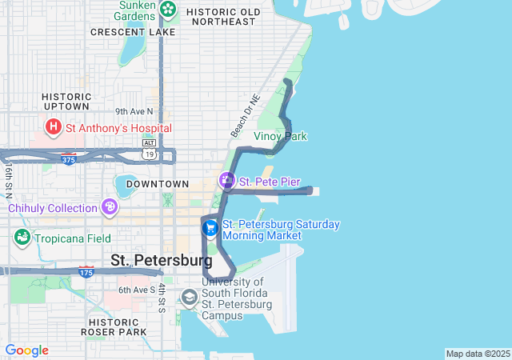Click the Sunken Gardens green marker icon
pyautogui.click(x=169, y=10)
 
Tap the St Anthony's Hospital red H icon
pyautogui.click(x=54, y=127)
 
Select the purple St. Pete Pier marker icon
pyautogui.click(x=228, y=182)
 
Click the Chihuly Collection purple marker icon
pyautogui.click(x=110, y=208)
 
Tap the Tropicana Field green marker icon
pyautogui.click(x=22, y=238)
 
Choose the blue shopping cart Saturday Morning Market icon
pyautogui.click(x=210, y=229)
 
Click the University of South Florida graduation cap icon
pyautogui.click(x=190, y=298)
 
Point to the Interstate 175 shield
pyautogui.click(x=86, y=273)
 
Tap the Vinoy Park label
pyautogui.click(x=280, y=136)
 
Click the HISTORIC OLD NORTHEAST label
pyautogui.click(x=223, y=18)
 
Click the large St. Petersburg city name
pyautogui.click(x=161, y=260)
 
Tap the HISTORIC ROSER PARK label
pyautogui.click(x=113, y=326)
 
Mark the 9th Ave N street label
pyautogui.click(x=134, y=111)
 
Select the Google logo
pyautogui.click(x=26, y=350)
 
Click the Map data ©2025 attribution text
pyautogui.click(x=477, y=354)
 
